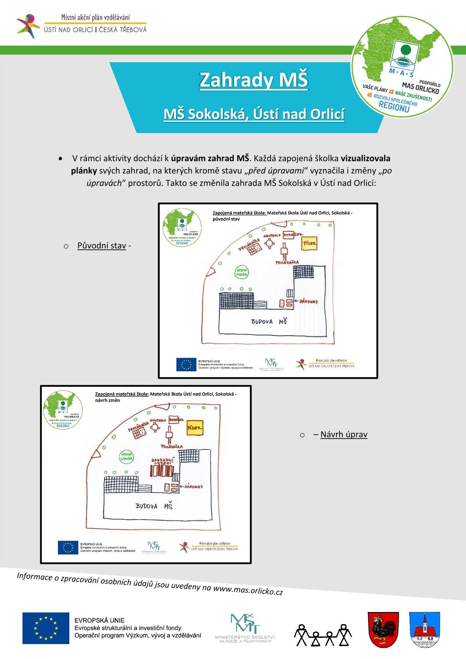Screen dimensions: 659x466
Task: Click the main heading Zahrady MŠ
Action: pos(253,80)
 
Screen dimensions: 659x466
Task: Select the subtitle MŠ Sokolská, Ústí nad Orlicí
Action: pos(254,114)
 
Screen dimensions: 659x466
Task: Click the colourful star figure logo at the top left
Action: pos(28,26)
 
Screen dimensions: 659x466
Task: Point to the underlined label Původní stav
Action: pos(101,246)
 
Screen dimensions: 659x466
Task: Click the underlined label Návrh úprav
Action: pos(344,434)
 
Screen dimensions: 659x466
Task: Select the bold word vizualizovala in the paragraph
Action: pos(365,158)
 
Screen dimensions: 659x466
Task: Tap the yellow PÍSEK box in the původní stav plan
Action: pos(309,244)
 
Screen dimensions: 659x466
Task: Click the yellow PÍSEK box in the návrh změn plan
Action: pos(195,428)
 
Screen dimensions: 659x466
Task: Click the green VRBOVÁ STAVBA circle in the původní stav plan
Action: pos(242,273)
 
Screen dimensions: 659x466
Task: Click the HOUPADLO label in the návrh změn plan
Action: pos(158,420)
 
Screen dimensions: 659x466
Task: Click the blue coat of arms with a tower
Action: pos(424,629)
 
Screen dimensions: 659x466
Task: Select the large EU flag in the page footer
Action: pos(46,628)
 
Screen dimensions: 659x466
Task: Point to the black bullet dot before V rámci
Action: pos(60,159)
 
